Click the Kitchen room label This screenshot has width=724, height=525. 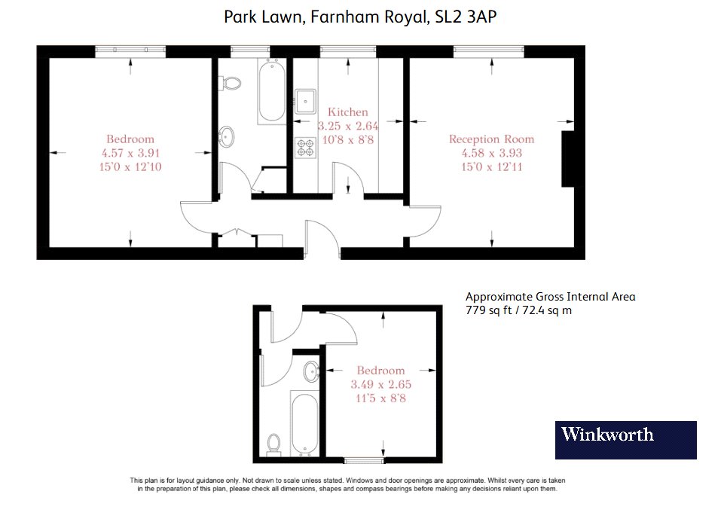coord(348,112)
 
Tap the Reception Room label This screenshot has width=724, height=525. coord(491,139)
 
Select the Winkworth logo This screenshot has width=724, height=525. coord(625,440)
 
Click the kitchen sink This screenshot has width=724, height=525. coord(306,101)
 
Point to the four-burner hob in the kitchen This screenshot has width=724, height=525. coord(306,148)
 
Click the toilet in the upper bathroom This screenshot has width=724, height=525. coord(231,84)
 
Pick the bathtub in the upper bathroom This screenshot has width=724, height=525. coord(272,91)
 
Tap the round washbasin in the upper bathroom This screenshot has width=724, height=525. coord(226,137)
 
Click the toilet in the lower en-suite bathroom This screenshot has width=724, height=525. coord(273,444)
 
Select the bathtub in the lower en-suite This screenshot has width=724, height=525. coord(305,423)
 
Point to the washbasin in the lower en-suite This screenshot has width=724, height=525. coord(312,371)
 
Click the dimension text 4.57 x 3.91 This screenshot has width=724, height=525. coord(130,153)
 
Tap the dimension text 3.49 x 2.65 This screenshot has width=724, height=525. coord(380,384)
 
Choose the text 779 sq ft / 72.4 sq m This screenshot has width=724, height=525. coord(518,310)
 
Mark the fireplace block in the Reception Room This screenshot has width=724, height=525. coord(568,159)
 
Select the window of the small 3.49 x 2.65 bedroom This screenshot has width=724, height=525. coord(365,460)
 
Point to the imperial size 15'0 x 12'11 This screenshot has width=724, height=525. coord(491,166)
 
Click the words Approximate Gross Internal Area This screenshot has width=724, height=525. coord(551,297)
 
